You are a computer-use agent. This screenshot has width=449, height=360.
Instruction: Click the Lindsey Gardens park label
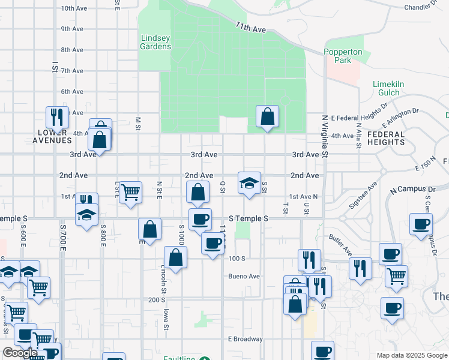coord(155,42)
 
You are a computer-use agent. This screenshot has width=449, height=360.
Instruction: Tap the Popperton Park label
coord(343,56)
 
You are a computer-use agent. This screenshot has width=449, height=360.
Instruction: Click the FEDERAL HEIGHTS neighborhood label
coord(386,138)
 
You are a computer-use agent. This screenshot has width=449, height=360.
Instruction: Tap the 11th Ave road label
coord(250,28)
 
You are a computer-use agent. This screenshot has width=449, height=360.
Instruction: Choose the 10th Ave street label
coord(76,8)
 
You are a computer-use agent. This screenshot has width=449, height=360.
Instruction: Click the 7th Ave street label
coord(72,71)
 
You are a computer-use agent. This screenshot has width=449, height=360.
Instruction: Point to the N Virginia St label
coord(325,137)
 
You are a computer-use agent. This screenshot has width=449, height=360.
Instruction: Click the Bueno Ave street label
coord(244,277)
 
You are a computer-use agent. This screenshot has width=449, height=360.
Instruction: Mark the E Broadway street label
coord(245,339)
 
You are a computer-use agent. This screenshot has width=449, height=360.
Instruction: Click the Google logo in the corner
coord(20,353)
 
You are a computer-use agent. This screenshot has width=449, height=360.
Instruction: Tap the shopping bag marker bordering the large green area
coord(267,116)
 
